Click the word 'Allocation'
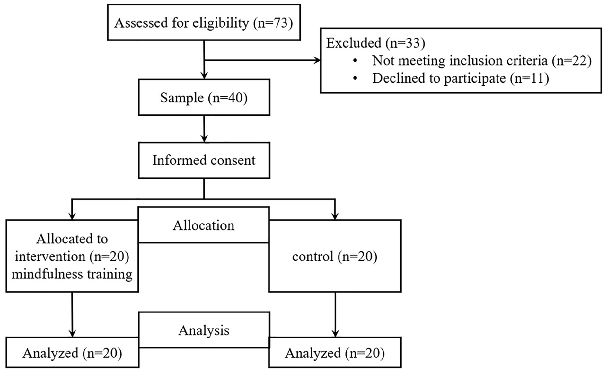point(204,225)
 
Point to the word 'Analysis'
point(204,330)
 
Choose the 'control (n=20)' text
point(335,257)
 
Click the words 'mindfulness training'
point(72,274)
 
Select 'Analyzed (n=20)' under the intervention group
point(72,353)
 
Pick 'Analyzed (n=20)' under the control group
point(335,353)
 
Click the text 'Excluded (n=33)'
point(375,43)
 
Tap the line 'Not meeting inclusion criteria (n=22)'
point(481,61)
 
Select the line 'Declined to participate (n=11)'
point(461,78)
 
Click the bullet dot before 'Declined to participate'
point(355,78)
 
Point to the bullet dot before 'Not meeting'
point(355,60)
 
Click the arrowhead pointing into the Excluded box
point(317,60)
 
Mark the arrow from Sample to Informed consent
point(204,129)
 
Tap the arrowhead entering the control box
point(335,216)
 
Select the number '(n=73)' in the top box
point(273,23)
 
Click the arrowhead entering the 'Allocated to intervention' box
point(72,216)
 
